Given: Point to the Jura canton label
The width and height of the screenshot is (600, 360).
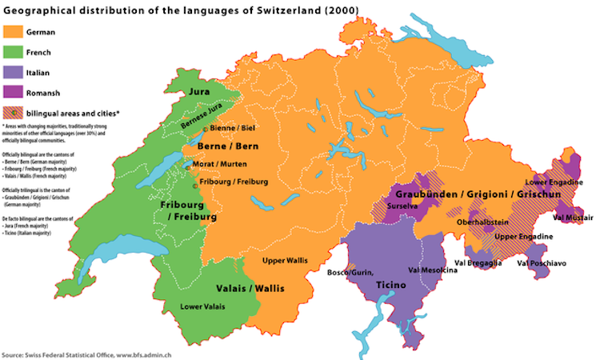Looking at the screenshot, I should click(199, 93).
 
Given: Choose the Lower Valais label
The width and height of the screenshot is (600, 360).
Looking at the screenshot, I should click(202, 306).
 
